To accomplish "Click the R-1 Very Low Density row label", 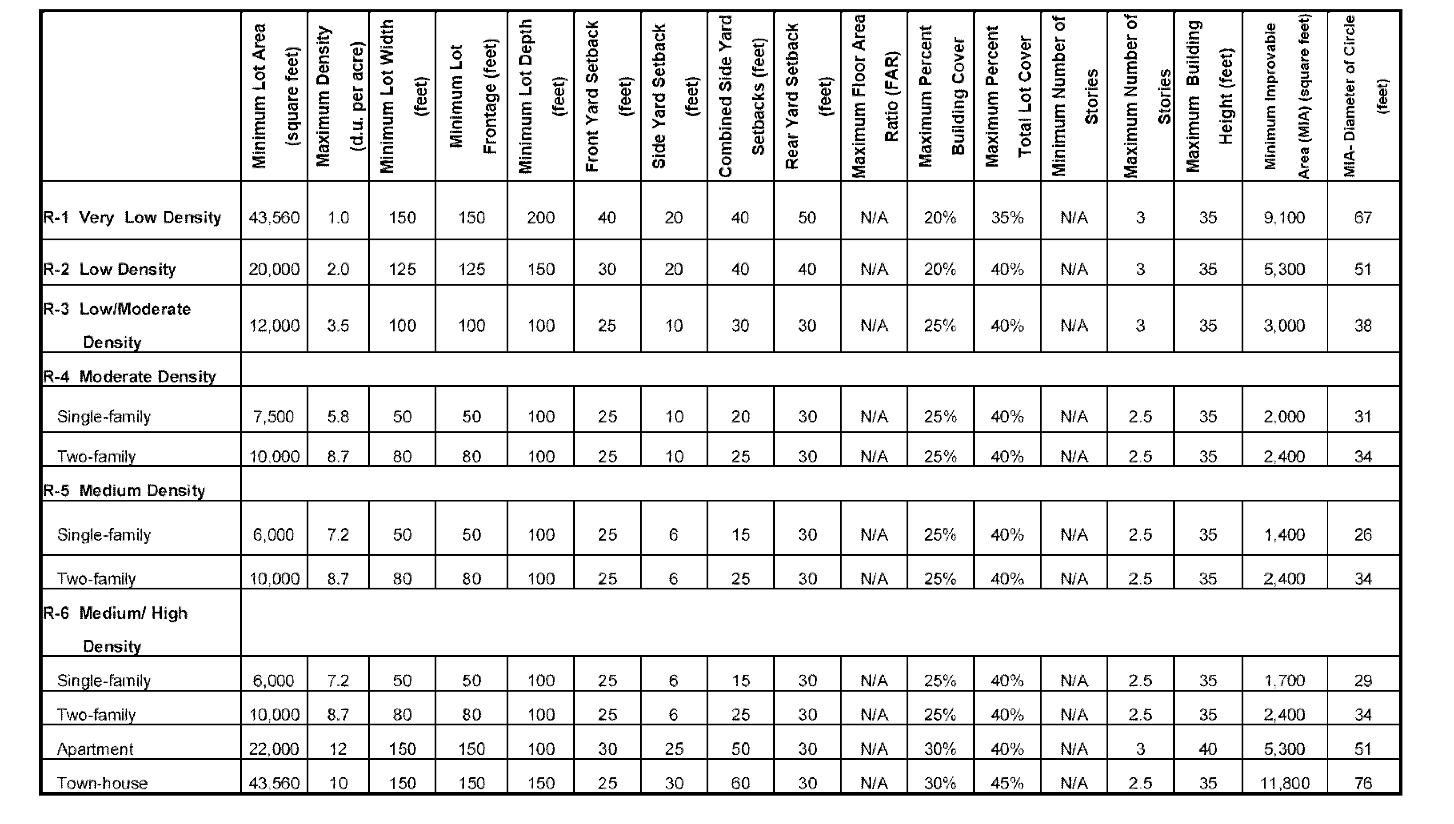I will (x=132, y=218).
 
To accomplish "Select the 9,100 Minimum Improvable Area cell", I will (x=1284, y=218).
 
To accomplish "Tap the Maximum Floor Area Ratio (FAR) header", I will (x=874, y=96).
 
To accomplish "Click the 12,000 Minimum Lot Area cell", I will (x=274, y=326).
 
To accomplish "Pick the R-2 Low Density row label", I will (x=109, y=269).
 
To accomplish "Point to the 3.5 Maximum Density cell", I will (x=338, y=326).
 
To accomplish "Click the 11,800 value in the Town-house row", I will (x=1284, y=783).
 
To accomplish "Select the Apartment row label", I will (x=95, y=749).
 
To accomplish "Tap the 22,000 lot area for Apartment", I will (x=274, y=749).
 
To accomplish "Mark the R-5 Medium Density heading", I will (x=124, y=491).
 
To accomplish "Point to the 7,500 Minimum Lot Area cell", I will (x=274, y=417).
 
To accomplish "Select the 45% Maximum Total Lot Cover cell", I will (x=1007, y=783).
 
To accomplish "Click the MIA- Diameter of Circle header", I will (x=1363, y=96).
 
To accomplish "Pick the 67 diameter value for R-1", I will (x=1363, y=218).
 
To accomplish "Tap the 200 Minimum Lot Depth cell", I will (x=540, y=218).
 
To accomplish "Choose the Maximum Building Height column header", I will (x=1208, y=96).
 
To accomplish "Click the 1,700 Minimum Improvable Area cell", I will (x=1284, y=681).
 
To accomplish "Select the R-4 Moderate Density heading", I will (x=130, y=377).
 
